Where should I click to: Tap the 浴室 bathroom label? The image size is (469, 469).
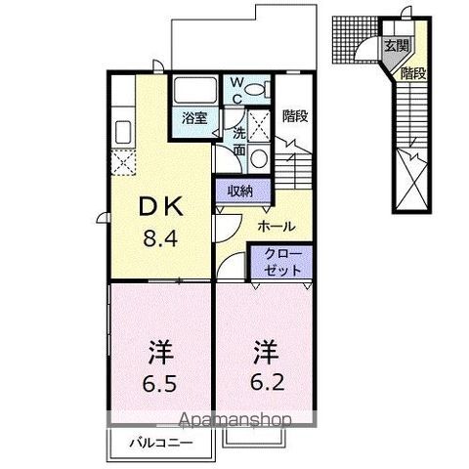point(193,118)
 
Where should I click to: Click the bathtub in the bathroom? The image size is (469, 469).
point(193,93)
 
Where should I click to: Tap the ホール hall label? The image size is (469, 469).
point(277,226)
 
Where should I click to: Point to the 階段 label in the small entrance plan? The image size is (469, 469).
point(412,71)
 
